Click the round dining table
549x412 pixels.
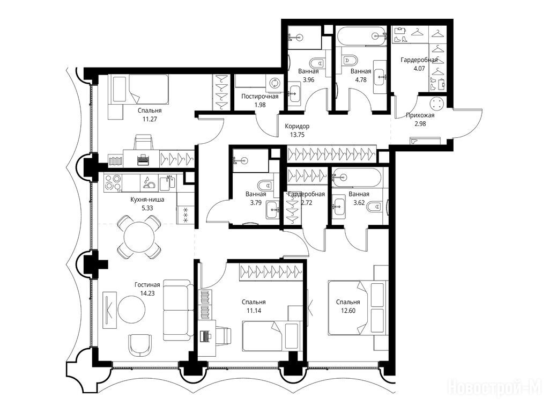point(139,237)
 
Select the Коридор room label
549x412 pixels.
point(297,126)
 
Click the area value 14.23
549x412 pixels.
point(147,293)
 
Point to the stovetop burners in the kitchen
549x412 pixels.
point(114,183)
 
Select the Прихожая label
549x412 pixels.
point(420,115)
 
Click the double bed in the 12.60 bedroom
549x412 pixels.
point(358,307)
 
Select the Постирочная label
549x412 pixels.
point(260,97)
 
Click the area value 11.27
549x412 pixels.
point(150,119)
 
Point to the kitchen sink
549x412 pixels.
point(167,183)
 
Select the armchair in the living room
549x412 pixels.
point(140,344)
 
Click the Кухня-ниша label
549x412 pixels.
point(147,200)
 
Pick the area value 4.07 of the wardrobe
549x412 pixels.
point(419,68)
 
